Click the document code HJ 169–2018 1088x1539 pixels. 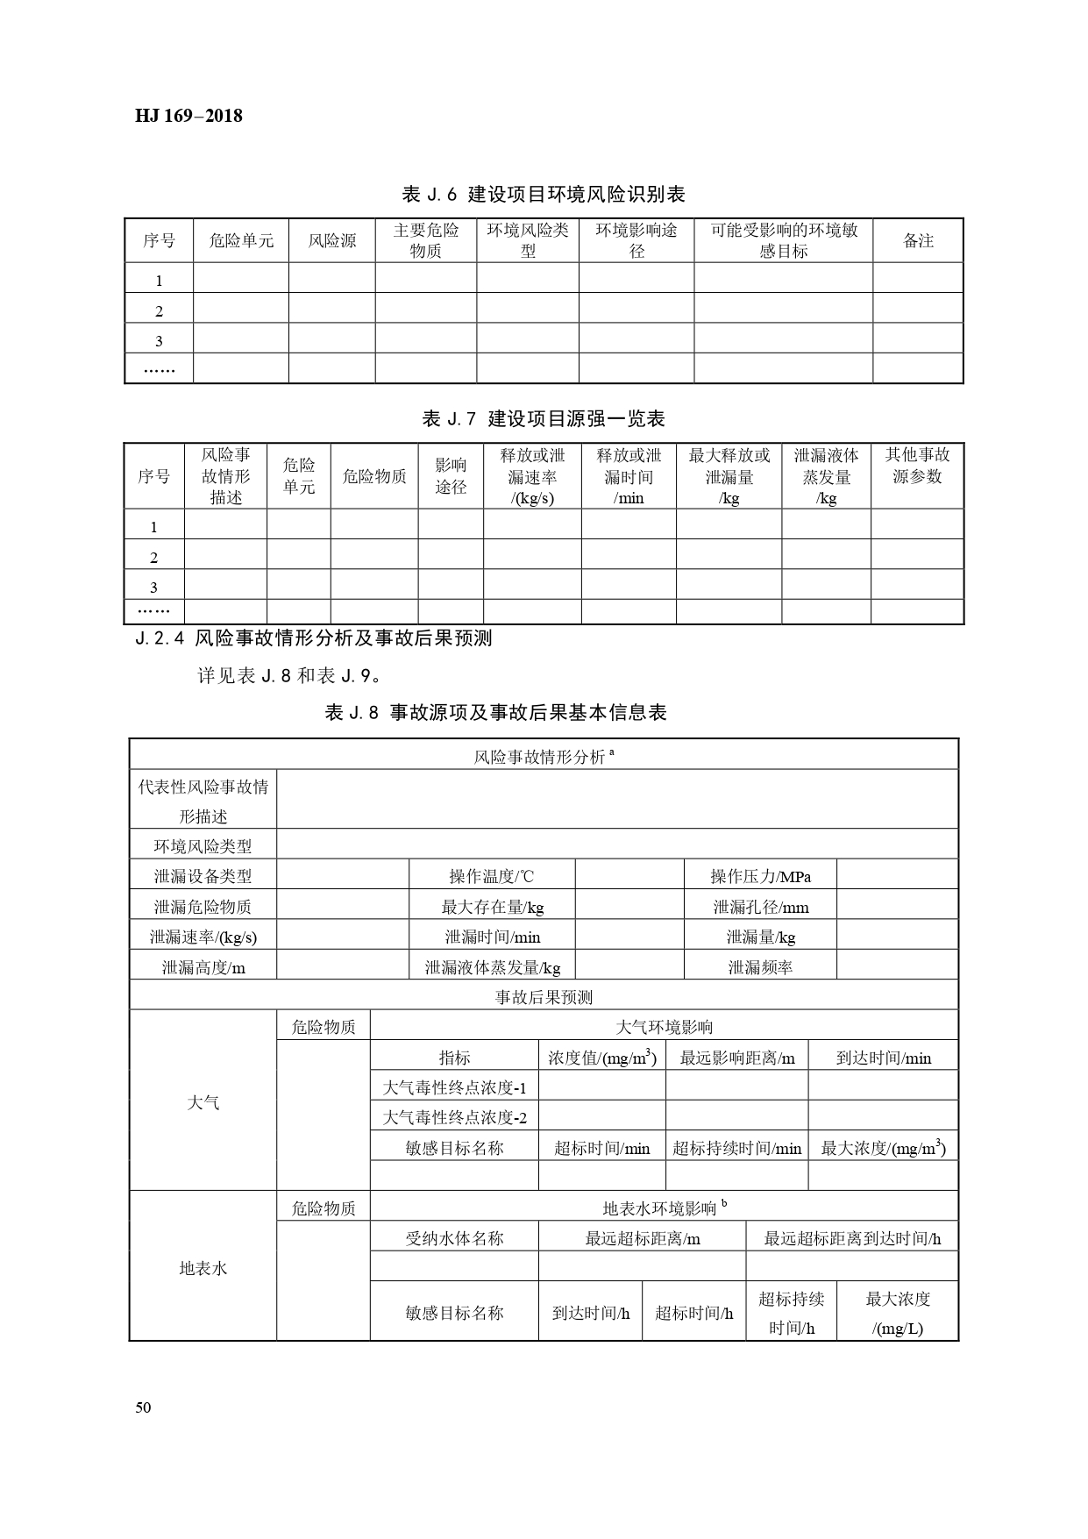[188, 116]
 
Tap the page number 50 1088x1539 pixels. [144, 1408]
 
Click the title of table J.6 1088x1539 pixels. [543, 194]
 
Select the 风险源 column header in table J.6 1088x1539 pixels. [332, 240]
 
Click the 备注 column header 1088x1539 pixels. [918, 240]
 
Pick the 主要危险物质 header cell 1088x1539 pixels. [426, 240]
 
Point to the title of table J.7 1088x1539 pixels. [544, 418]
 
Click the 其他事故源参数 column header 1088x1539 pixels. [917, 466]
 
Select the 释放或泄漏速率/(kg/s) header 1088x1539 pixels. [532, 476]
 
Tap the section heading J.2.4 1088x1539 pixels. [314, 638]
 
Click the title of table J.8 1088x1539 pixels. [496, 713]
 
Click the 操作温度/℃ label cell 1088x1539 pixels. [491, 876]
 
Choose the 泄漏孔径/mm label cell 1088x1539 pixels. [760, 907]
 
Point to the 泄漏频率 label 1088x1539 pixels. [760, 967]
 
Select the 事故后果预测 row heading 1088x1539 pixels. [544, 997]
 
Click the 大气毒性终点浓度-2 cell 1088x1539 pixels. [454, 1117]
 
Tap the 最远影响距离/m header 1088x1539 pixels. [736, 1058]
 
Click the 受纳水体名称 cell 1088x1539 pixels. [454, 1238]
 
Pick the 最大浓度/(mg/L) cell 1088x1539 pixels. [898, 1313]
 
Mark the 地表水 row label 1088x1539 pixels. [203, 1268]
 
